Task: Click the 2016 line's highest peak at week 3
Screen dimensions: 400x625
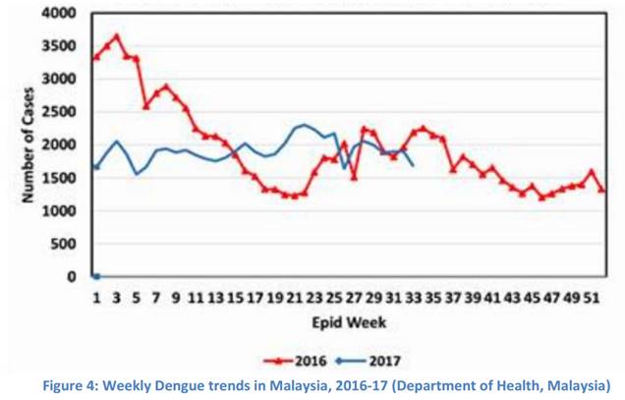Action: point(116,37)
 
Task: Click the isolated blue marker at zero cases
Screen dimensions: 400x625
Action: point(96,276)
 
